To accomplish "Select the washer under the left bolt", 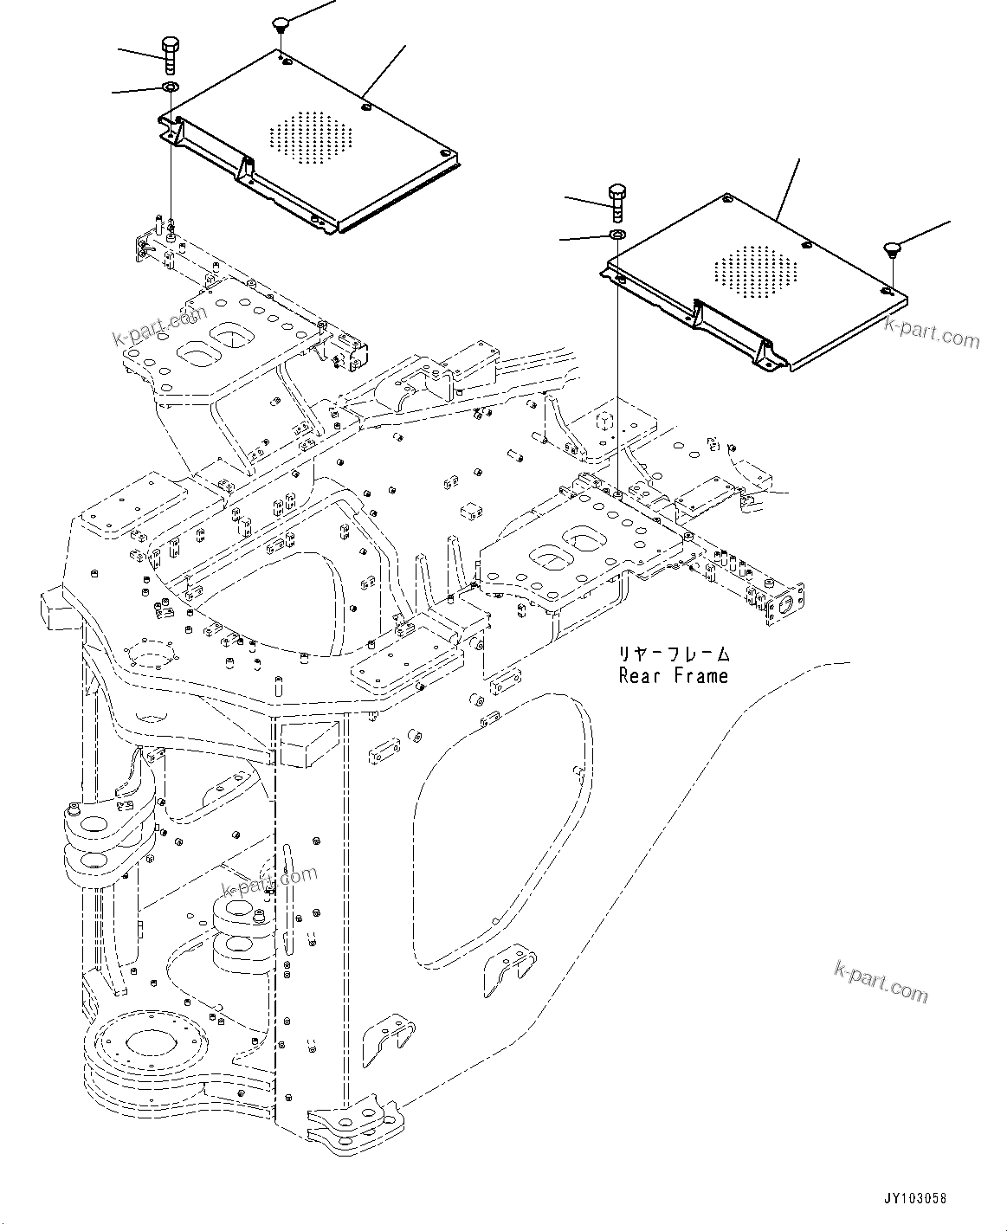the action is point(170,87).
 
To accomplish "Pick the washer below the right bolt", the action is point(616,235).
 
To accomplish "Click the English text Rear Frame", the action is point(673,676).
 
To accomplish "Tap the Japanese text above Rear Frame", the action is point(673,654).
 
